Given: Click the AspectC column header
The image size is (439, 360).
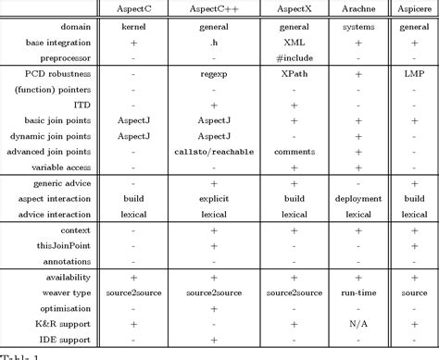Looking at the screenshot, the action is pos(136,8).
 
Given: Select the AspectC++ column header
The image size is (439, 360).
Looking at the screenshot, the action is pos(214,8).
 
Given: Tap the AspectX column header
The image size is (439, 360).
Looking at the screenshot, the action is pos(292,8).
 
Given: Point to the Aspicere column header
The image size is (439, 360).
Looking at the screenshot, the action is pos(412,8).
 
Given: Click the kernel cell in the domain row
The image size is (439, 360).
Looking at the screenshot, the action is pos(136,27).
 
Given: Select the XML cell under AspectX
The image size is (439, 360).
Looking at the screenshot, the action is pos(292,42).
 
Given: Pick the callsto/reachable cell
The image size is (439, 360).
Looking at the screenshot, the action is pos(214,151).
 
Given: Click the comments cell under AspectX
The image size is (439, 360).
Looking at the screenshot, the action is pos(292,151).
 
